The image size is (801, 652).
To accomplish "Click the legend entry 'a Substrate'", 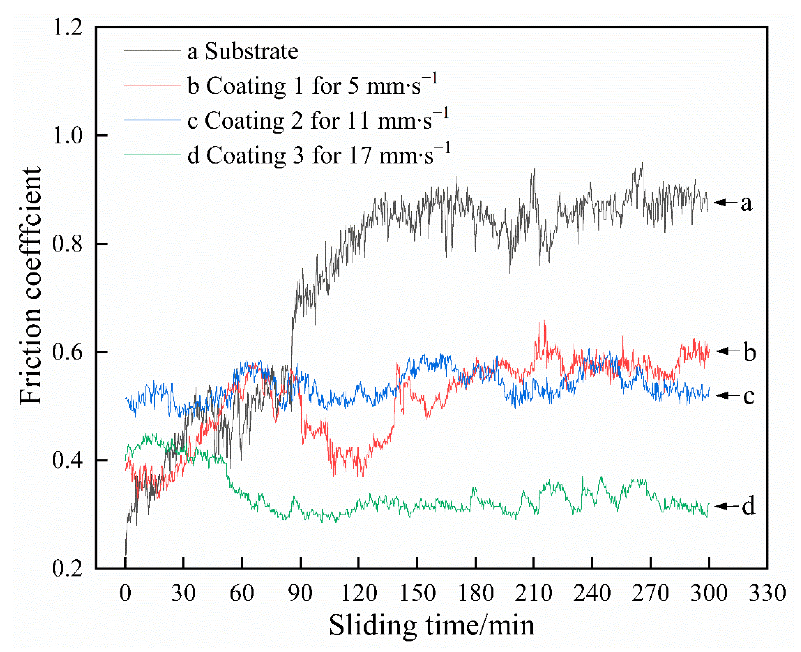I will [x=243, y=51].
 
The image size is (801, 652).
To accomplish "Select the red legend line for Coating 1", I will [x=152, y=86].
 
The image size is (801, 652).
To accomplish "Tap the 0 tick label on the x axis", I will [x=125, y=593].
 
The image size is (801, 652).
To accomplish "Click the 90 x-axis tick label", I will [x=300, y=593].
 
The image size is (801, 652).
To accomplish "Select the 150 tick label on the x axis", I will [x=417, y=593].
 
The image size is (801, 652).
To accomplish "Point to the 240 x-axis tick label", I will [x=592, y=593].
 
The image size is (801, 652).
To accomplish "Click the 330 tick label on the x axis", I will [x=767, y=593].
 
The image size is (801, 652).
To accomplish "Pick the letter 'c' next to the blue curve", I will [x=748, y=396].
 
